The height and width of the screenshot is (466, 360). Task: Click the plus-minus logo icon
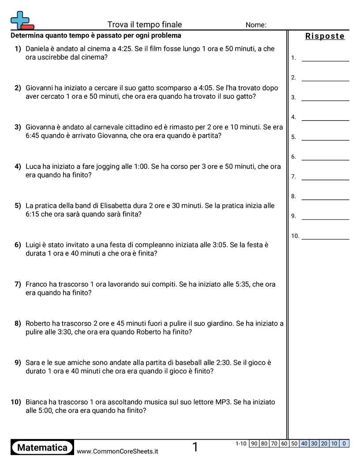[x=22, y=20]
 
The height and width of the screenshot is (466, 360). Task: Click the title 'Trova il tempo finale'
[x=145, y=25]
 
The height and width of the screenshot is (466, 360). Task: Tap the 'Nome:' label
[x=256, y=25]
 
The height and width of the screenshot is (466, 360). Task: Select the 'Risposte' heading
[x=325, y=36]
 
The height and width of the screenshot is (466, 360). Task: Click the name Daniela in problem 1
[x=38, y=49]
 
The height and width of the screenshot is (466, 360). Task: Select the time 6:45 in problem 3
[x=34, y=135]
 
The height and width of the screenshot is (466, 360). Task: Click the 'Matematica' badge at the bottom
[x=42, y=447]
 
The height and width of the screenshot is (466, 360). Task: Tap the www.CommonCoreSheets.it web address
[x=117, y=451]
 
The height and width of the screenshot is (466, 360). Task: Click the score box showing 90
[x=254, y=443]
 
